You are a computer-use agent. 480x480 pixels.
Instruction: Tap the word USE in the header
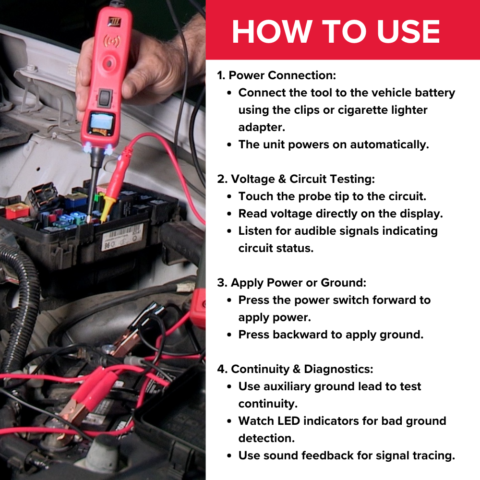[408, 32]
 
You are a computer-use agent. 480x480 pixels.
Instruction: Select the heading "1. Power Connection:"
[276, 75]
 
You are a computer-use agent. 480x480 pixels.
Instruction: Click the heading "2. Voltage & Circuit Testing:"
[296, 179]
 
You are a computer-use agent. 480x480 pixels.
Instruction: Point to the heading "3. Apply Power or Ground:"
[292, 283]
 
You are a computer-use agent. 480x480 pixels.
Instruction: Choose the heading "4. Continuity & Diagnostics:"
[295, 369]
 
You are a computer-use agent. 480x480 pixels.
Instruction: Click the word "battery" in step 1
[435, 93]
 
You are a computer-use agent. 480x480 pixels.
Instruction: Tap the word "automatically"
[389, 145]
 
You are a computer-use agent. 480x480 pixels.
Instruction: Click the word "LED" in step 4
[288, 421]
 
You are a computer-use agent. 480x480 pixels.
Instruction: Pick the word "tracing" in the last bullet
[435, 456]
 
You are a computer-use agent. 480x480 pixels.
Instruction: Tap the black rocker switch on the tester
[104, 97]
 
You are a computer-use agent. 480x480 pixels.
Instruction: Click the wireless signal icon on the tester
[112, 41]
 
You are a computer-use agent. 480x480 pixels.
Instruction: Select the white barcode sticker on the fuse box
[122, 237]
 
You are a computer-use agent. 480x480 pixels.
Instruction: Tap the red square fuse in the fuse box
[17, 211]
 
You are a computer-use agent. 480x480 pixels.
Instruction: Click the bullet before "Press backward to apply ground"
[229, 335]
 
